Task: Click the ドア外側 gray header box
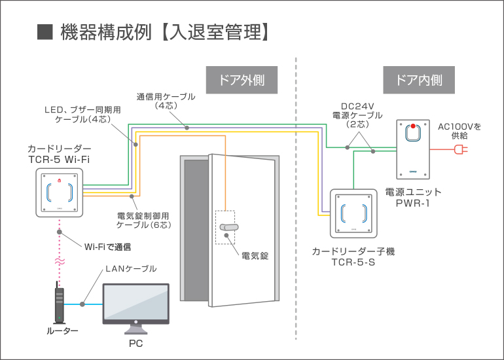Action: [241, 81]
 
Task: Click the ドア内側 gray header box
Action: [419, 81]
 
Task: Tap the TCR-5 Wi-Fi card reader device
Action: [60, 192]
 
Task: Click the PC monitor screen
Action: [135, 302]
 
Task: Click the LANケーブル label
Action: [131, 269]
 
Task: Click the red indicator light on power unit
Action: [413, 126]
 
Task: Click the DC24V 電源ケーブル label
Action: [356, 115]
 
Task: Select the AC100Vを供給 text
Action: [459, 131]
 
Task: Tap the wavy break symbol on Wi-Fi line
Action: [60, 261]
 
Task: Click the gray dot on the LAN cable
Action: [83, 304]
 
